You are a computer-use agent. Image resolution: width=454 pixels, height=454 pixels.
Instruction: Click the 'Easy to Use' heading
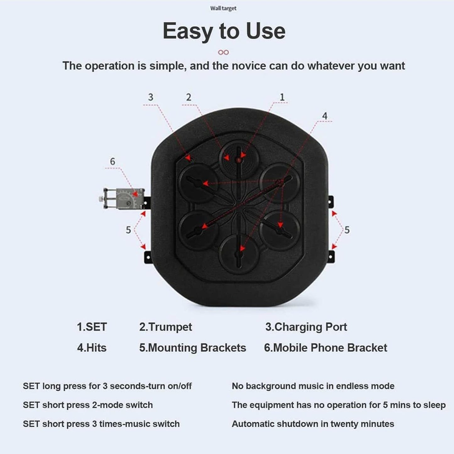click(224, 31)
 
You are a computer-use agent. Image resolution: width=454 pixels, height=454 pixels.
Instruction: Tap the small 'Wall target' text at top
click(223, 8)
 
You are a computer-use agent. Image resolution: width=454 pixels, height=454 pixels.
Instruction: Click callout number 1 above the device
click(282, 97)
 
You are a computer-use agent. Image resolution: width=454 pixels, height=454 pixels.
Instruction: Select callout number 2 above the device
click(189, 97)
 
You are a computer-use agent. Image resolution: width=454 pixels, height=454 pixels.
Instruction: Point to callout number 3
click(151, 97)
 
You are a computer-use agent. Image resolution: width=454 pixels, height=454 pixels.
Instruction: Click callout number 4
click(325, 116)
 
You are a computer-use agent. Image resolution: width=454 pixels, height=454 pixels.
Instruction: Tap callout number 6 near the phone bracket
click(112, 161)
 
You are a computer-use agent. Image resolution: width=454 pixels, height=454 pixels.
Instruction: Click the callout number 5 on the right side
click(347, 230)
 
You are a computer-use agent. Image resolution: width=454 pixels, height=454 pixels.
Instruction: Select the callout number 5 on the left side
click(128, 230)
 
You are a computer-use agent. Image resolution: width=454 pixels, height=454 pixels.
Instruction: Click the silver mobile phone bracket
click(122, 198)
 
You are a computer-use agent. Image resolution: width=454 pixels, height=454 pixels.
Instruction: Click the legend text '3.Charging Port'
click(306, 327)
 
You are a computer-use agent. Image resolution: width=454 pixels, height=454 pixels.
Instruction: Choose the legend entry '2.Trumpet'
click(165, 327)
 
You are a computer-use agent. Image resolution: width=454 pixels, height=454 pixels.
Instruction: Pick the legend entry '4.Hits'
click(92, 348)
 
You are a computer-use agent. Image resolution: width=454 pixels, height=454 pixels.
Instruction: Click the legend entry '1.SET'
click(92, 327)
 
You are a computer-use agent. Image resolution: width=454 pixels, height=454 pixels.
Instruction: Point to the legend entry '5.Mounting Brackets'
click(193, 348)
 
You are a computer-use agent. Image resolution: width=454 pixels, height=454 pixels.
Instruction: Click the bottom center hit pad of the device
click(239, 254)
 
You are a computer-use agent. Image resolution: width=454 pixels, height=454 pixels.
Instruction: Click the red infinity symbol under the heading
click(223, 52)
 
